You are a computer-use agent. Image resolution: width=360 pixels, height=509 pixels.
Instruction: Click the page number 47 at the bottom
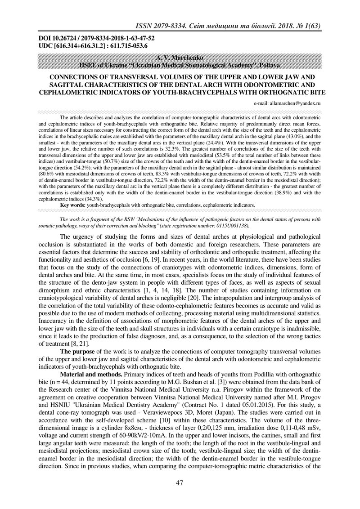[180, 482]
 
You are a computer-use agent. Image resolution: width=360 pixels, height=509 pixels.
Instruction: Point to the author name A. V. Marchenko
[180, 58]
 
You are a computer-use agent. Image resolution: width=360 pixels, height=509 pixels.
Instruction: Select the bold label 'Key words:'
[73, 205]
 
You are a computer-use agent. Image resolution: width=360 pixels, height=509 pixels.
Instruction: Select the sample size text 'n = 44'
[69, 382]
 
